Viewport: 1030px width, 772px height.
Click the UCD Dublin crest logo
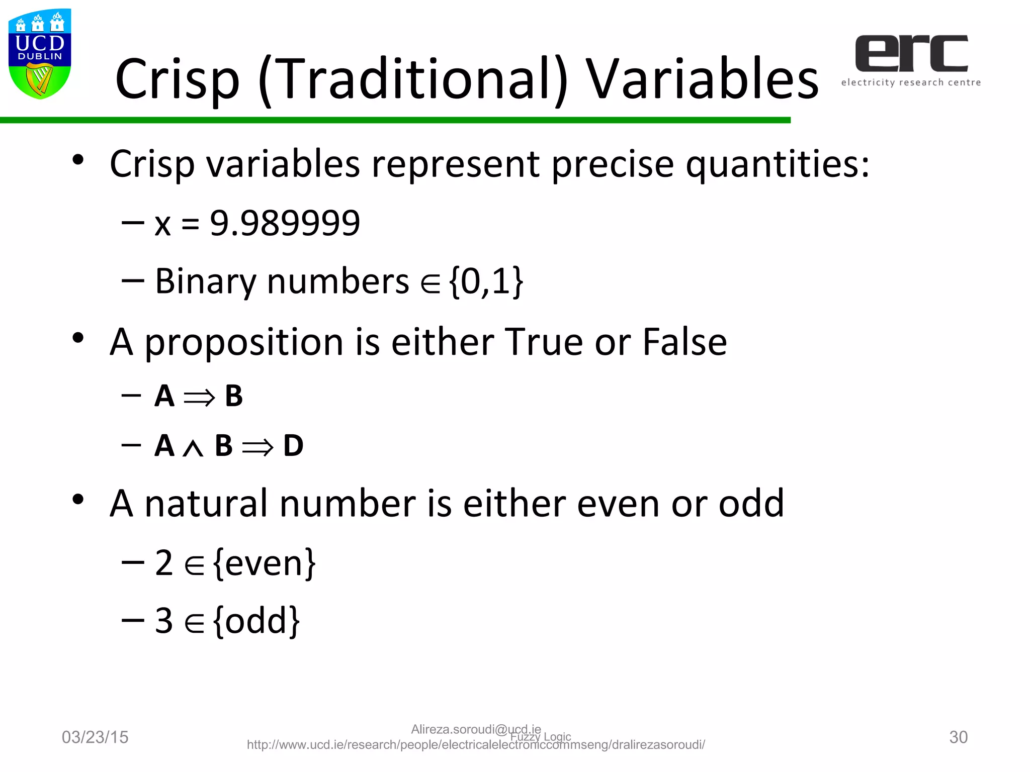click(40, 54)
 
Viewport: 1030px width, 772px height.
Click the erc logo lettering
click(911, 53)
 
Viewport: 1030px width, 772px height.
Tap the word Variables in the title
click(703, 79)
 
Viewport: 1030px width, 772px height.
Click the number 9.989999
click(285, 223)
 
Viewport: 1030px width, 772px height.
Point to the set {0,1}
click(486, 281)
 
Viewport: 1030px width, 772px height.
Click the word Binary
click(206, 281)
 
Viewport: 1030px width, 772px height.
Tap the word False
click(684, 342)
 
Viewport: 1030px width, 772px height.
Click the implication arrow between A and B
click(199, 398)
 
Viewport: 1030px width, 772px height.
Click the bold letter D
click(293, 446)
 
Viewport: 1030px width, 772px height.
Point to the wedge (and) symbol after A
click(193, 448)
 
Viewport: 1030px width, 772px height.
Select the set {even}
click(265, 563)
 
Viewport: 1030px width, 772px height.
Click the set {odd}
click(256, 621)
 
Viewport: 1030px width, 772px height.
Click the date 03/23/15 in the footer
click(95, 737)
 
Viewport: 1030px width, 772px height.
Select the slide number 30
click(958, 737)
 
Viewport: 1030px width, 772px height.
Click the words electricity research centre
click(911, 82)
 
